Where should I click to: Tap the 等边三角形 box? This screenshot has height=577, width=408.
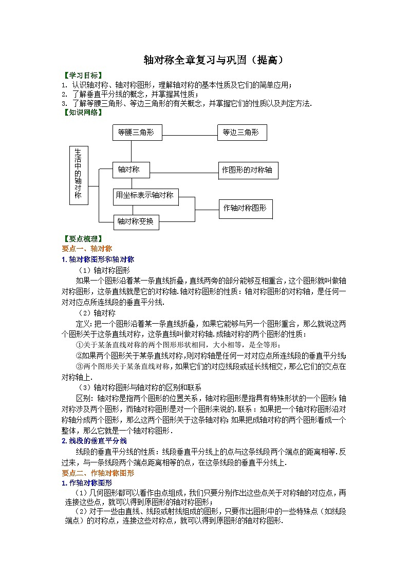click(x=242, y=133)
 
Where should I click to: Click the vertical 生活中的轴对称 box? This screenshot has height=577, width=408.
click(x=78, y=175)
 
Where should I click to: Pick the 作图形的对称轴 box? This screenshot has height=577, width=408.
click(x=248, y=170)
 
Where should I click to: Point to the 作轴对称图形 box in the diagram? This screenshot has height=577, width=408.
click(x=246, y=209)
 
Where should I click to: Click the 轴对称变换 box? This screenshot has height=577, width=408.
click(x=136, y=222)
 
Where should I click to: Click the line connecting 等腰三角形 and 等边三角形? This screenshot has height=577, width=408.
click(x=190, y=136)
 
